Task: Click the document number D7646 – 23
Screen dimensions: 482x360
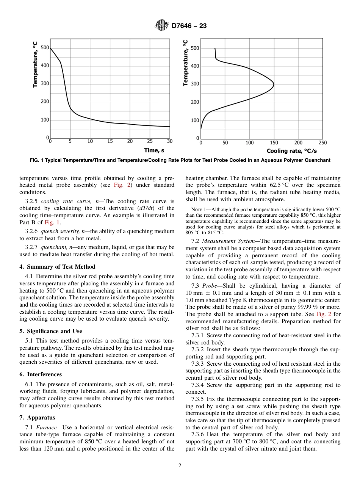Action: pos(189,26)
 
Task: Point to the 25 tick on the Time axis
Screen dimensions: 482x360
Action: pos(150,141)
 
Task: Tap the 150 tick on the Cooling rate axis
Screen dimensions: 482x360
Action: pos(274,143)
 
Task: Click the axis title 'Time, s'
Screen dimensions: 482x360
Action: pos(157,150)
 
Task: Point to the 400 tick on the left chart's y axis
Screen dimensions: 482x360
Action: pos(45,66)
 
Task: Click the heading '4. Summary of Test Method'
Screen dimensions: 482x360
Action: pos(57,267)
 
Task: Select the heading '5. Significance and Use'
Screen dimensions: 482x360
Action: pos(50,331)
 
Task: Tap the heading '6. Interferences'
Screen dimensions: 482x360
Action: pos(41,374)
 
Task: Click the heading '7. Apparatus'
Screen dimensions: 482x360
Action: pos(37,418)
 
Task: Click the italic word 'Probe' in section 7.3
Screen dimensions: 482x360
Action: pos(210,286)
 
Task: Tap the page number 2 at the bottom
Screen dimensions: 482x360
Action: pos(180,466)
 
